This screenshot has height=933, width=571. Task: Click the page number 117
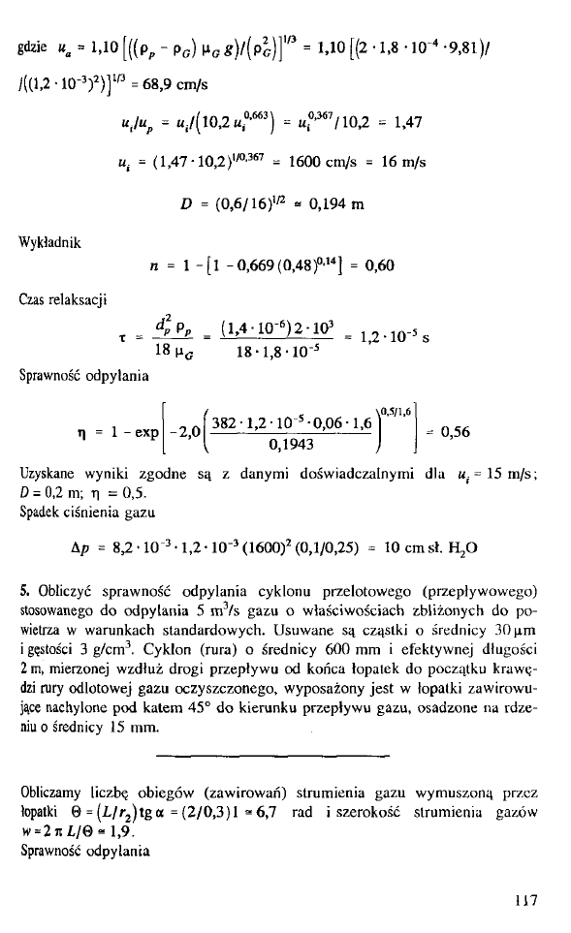click(527, 898)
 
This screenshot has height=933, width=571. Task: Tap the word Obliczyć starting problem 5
click(60, 592)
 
